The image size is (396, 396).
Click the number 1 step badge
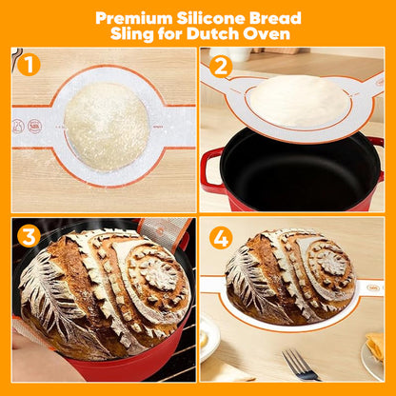point(30,66)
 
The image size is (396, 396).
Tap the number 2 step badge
point(222,68)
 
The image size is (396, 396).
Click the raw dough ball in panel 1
point(106,127)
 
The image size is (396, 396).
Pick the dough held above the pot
point(297,102)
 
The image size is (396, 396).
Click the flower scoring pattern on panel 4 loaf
point(328,263)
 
